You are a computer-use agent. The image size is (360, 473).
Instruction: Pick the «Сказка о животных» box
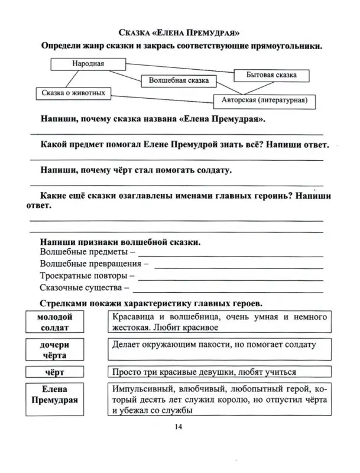[x=74, y=93]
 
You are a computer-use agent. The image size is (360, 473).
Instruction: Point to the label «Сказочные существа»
[x=84, y=288]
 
